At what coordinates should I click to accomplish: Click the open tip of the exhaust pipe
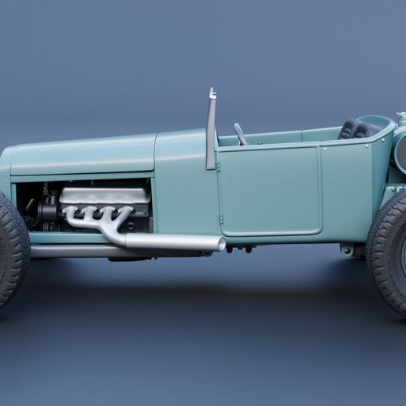pos(222,245)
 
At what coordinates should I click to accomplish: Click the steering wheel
pos(240,134)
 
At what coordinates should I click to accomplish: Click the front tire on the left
pos(11,250)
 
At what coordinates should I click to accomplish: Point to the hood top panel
pos(83,153)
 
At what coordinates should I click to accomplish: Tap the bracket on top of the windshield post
pos(212,94)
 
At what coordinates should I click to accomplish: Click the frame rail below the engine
pos(71,251)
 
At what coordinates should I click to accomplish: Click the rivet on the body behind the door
pos(323,148)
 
